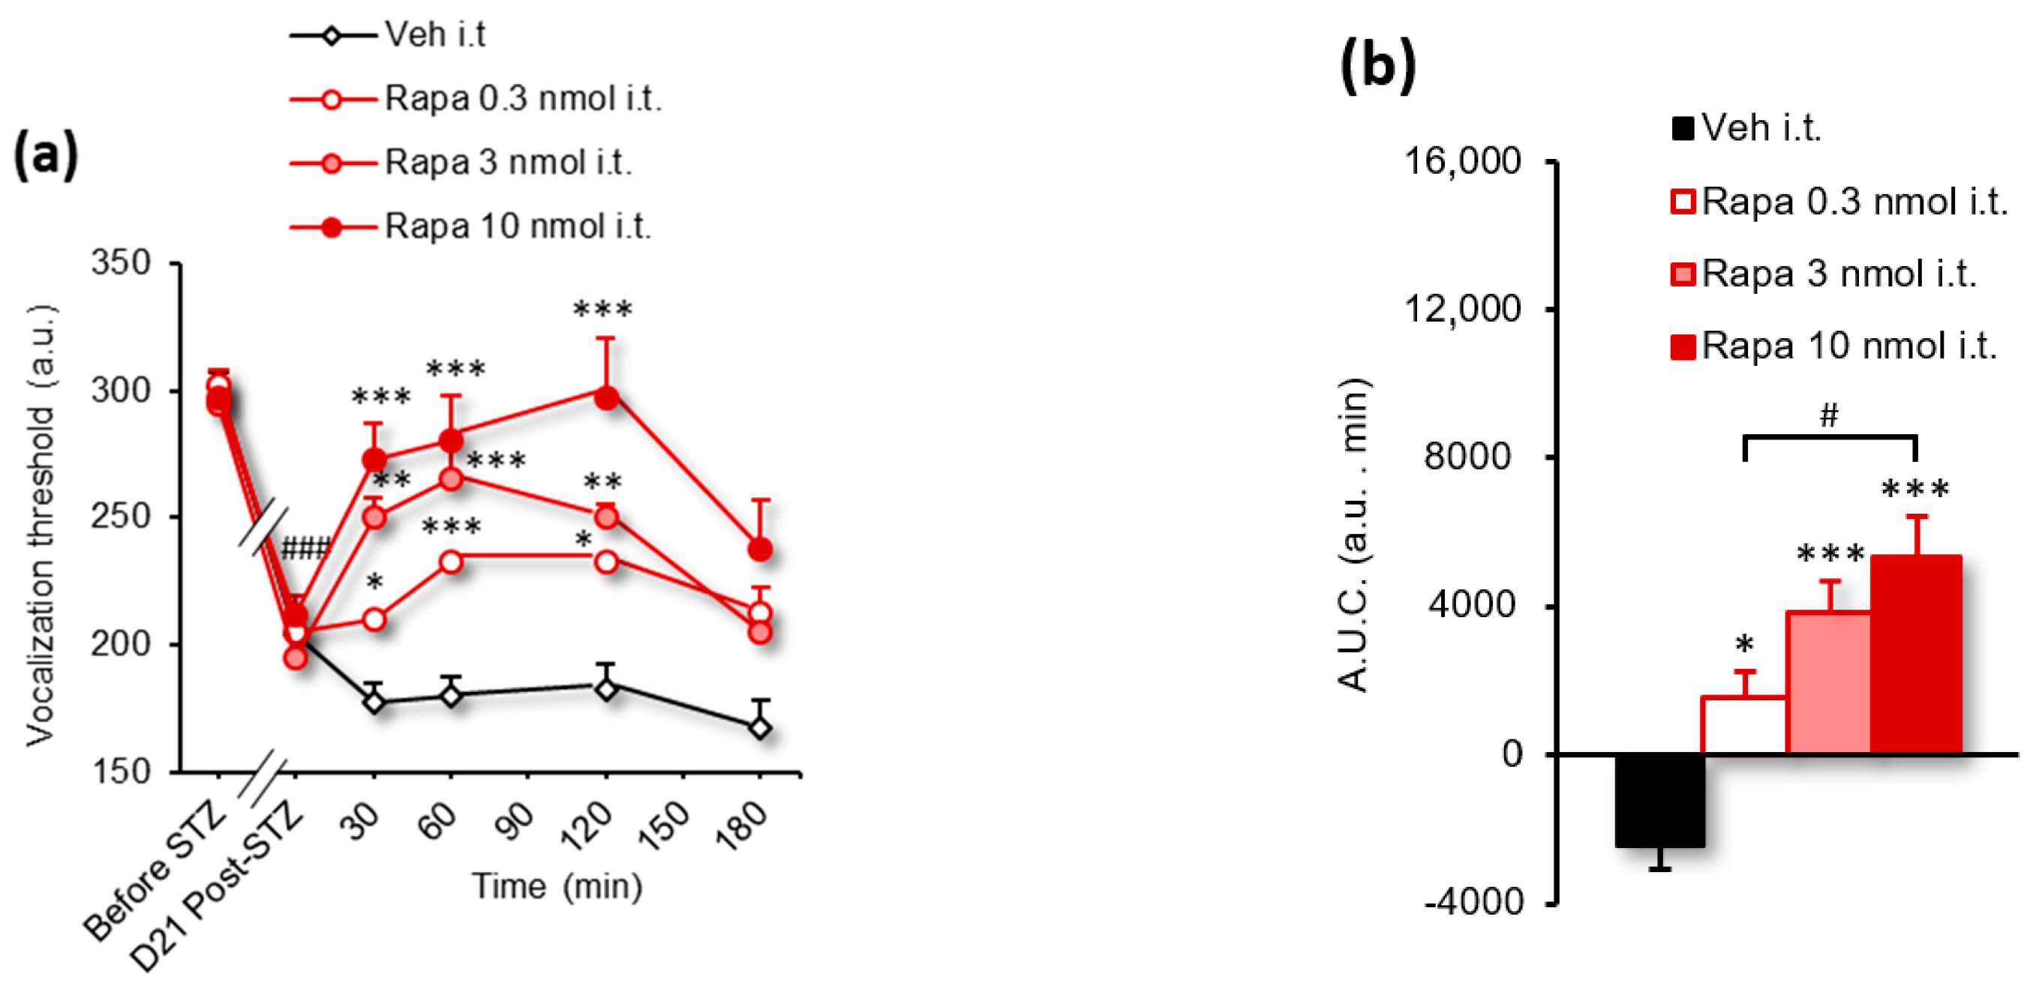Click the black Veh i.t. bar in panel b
click(1659, 800)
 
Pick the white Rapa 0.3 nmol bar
click(1743, 726)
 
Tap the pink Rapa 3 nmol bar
click(1827, 683)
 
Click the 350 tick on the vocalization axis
click(121, 262)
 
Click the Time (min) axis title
click(557, 886)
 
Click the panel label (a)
click(46, 154)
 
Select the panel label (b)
click(1377, 64)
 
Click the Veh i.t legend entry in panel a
click(434, 34)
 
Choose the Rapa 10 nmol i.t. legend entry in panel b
click(1848, 346)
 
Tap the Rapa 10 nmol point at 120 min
click(606, 397)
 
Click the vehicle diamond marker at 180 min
click(759, 727)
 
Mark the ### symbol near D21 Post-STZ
click(305, 548)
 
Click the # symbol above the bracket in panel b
click(1829, 414)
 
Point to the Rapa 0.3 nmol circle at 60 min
click(451, 562)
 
